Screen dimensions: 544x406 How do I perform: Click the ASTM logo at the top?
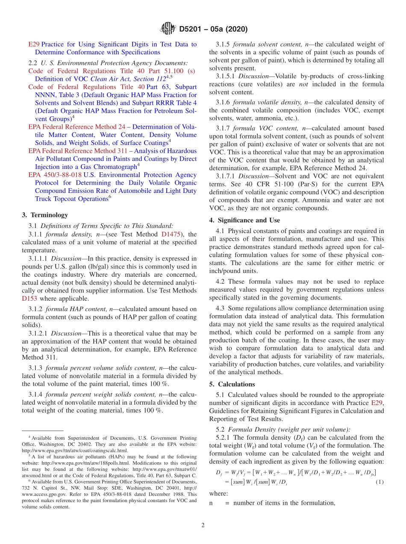pos(168,29)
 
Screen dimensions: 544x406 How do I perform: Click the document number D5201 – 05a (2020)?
pos(213,30)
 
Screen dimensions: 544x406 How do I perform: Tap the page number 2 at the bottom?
pos(203,525)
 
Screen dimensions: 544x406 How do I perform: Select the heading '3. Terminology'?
pos(44,215)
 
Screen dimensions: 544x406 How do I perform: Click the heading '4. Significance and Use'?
pos(244,220)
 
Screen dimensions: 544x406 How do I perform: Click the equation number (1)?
pos(379,482)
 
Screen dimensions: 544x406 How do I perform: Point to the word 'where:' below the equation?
pos(218,493)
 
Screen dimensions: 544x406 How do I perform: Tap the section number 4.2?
pos(221,281)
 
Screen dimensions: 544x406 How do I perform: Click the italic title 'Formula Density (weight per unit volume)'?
pos(289,429)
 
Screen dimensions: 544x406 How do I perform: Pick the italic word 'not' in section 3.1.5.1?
pos(303,84)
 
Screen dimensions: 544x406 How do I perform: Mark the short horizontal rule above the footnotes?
pos(42,431)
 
